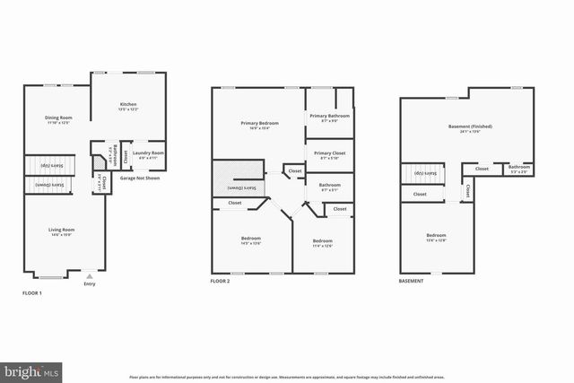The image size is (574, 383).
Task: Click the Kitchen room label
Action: (x=129, y=106)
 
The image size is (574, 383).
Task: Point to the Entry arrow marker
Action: (x=88, y=277)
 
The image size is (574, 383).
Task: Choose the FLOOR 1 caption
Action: (x=31, y=293)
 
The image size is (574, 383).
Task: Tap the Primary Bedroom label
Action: (x=259, y=124)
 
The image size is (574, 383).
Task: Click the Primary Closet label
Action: (x=330, y=154)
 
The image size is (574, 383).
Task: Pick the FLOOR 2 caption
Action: (x=221, y=281)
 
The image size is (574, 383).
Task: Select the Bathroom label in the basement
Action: (x=518, y=168)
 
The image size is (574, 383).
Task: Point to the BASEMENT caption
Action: (x=412, y=281)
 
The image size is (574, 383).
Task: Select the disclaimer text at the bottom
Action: (x=287, y=377)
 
